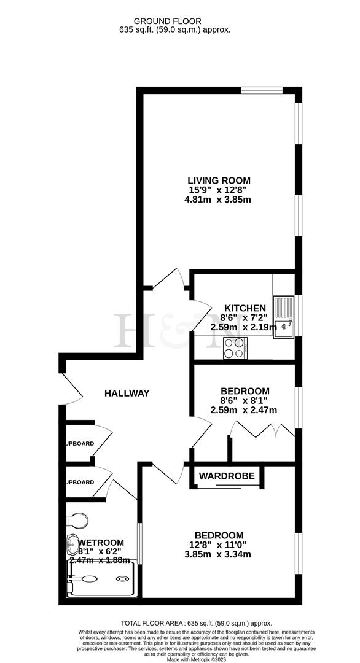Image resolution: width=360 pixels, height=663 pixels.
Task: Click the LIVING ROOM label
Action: point(219,180)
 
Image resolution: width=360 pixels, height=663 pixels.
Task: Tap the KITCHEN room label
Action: point(245,308)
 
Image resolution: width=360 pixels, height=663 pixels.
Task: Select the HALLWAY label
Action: point(127,393)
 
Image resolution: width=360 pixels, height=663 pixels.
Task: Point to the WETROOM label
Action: point(101,543)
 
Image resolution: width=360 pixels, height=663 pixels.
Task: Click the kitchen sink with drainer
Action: point(284,317)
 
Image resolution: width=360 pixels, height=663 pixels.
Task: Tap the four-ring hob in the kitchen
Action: point(235,349)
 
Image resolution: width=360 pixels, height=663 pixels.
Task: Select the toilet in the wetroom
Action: point(77,521)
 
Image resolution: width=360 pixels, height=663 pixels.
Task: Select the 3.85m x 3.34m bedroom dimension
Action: point(219,554)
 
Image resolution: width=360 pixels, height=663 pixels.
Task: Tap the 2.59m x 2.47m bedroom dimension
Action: point(245,410)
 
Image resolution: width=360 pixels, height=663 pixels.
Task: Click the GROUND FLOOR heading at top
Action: point(179,21)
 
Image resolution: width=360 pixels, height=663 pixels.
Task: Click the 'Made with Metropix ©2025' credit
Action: point(179,659)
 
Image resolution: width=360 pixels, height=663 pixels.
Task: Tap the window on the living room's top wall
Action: point(261,90)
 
